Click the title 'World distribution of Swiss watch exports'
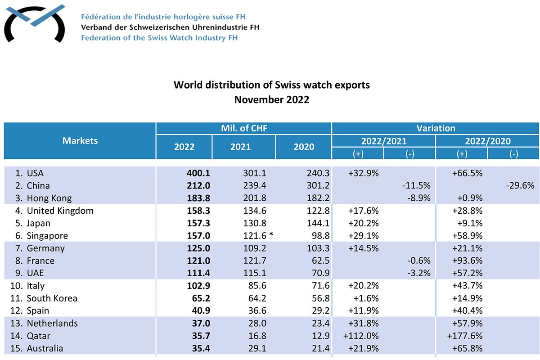point(272,85)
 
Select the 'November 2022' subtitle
point(272,99)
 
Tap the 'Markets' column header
point(80,140)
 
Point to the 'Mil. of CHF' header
point(243,128)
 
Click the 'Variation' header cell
point(435,128)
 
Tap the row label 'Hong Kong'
point(49,198)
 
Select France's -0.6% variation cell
point(418,261)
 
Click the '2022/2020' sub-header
point(487,141)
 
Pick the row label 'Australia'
point(45,348)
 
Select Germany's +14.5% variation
point(364,248)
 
